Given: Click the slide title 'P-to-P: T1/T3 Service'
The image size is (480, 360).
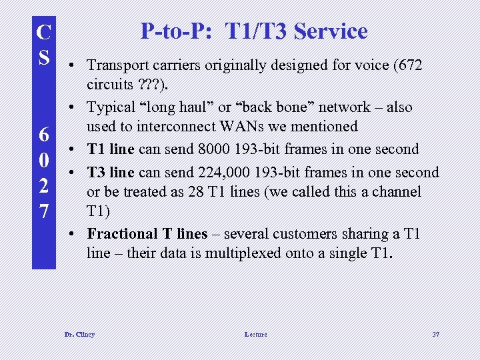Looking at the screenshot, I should (253, 31).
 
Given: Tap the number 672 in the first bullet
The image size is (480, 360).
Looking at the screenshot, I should (409, 65).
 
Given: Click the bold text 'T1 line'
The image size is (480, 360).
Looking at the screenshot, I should (111, 149).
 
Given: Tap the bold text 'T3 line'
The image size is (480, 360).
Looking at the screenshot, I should (111, 173).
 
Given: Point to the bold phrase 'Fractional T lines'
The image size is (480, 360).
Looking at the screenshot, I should (147, 234).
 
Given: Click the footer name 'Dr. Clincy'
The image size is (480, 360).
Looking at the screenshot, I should (79, 334).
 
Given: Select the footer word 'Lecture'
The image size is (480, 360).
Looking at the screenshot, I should (255, 334).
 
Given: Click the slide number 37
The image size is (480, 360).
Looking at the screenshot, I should (436, 334).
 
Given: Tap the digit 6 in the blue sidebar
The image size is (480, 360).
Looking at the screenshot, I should (43, 135).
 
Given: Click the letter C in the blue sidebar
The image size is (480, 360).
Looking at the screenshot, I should (43, 31).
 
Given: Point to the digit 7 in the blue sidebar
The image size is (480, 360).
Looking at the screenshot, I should (43, 211).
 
